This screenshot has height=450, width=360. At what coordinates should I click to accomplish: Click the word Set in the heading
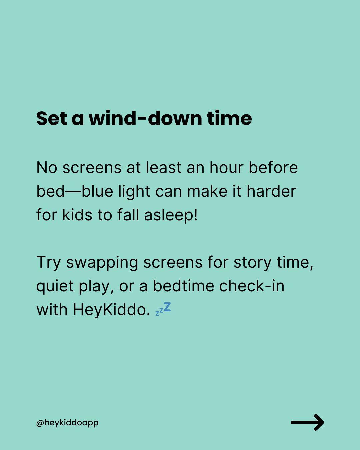[52, 118]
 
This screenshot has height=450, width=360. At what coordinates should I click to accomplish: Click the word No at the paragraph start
[47, 168]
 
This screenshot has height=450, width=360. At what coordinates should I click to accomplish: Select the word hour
[227, 167]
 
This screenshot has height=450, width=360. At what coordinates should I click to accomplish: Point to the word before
[273, 167]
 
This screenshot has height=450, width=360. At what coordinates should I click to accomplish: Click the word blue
[97, 191]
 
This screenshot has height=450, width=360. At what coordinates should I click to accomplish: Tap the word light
[134, 192]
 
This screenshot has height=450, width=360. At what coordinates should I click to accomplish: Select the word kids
[77, 215]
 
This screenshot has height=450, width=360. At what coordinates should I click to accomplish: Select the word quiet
[55, 286]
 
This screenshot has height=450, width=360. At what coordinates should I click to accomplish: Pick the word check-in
[252, 286]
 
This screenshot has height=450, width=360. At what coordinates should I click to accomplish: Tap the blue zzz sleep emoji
[163, 309]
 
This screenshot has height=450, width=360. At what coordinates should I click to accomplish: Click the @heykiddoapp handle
[67, 423]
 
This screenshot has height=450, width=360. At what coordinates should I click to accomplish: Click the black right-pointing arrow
[307, 422]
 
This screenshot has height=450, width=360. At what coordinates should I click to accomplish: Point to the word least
[164, 167]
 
